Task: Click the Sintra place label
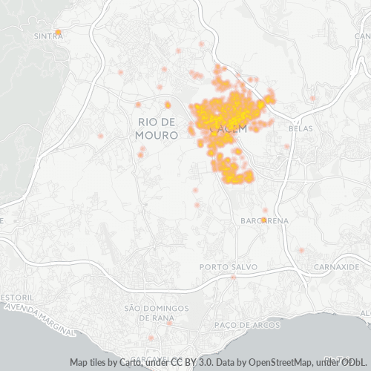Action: coord(48,35)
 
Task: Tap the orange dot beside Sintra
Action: coord(59,31)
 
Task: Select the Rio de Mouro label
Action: coord(157,128)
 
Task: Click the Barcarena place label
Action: coord(260,221)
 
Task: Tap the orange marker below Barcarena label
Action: coord(263,220)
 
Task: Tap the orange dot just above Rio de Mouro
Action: coord(168,105)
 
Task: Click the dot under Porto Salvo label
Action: coord(233,277)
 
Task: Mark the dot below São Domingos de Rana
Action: coord(170,323)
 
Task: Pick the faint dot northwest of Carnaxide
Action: coord(301,250)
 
